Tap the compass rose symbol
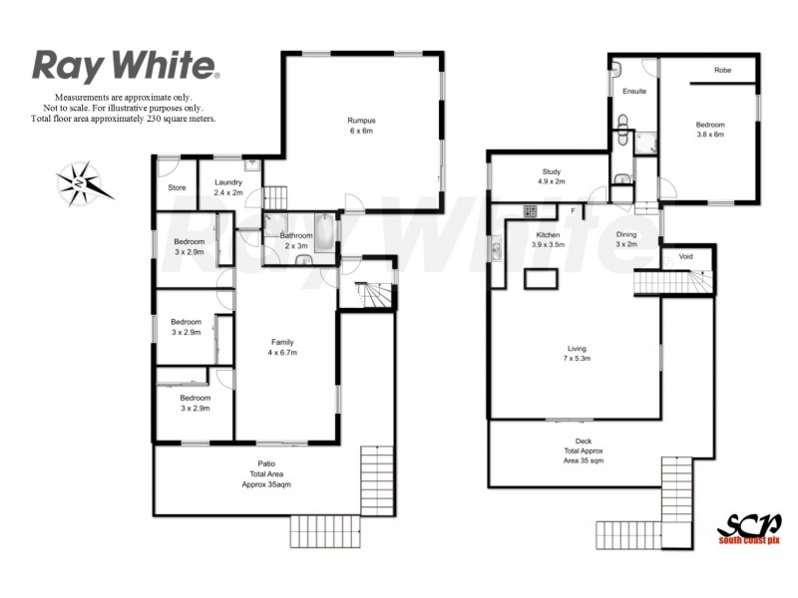click(79, 182)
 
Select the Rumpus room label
click(361, 125)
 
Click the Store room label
click(177, 187)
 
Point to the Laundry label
click(229, 185)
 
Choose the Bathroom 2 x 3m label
click(295, 241)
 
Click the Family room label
click(283, 347)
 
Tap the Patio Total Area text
click(266, 473)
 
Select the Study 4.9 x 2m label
click(551, 176)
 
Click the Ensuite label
click(634, 92)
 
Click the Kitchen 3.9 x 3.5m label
click(548, 239)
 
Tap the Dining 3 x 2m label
click(625, 239)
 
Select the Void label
click(685, 256)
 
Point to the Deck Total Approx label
click(583, 450)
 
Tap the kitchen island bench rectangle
click(543, 278)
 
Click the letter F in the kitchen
click(573, 211)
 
